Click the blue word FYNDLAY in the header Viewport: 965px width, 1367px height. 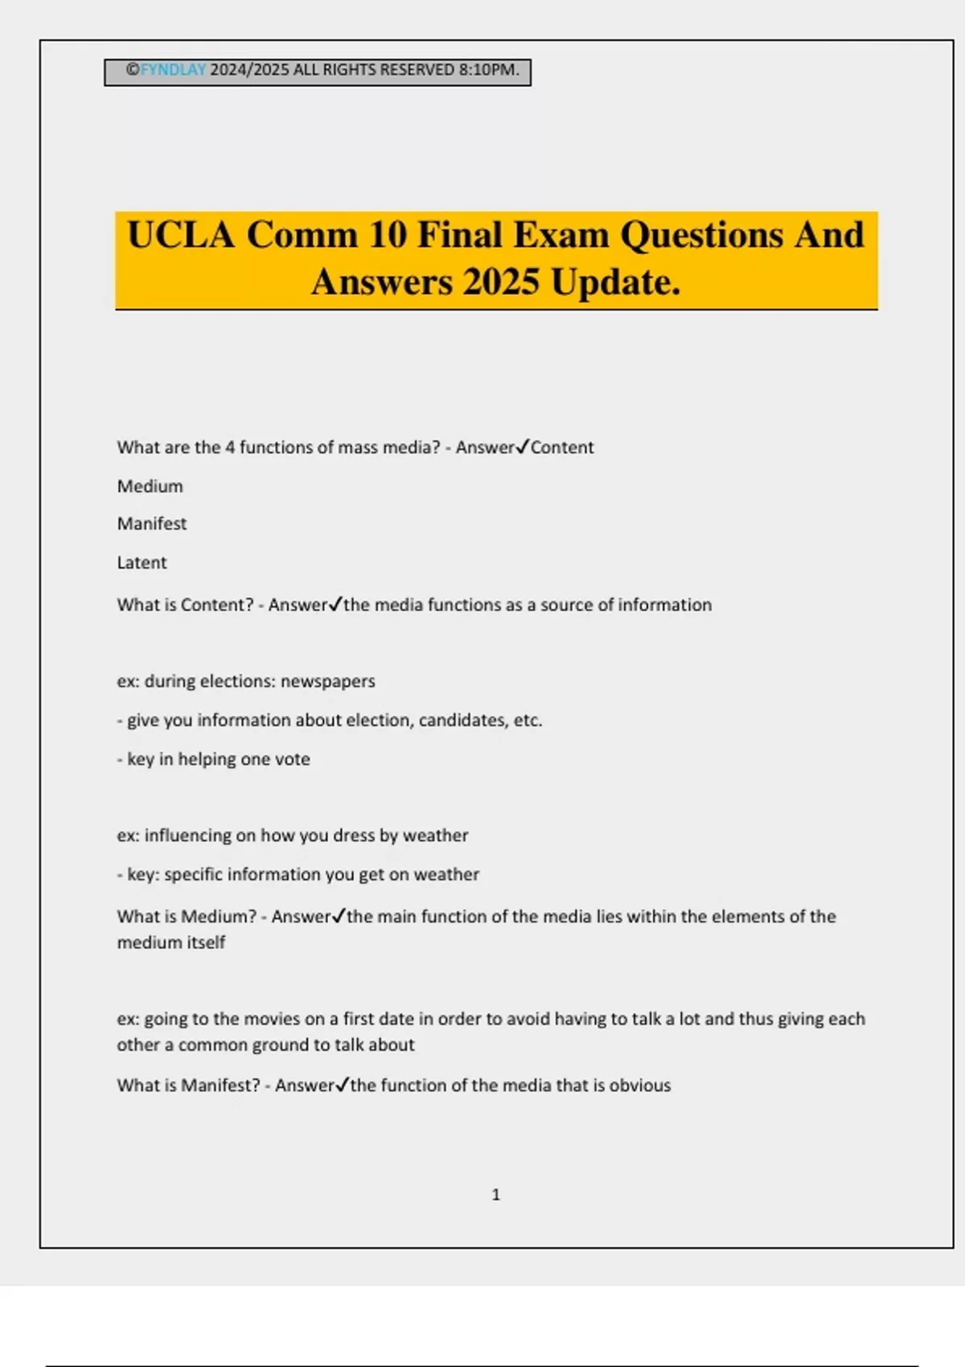pyautogui.click(x=173, y=70)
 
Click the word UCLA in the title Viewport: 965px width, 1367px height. pyautogui.click(x=181, y=236)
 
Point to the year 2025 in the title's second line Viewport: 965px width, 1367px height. pyautogui.click(x=500, y=282)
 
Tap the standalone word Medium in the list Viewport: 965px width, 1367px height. pyautogui.click(x=150, y=486)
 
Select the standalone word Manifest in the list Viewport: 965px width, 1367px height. pyautogui.click(x=151, y=523)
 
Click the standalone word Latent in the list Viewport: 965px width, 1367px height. pyautogui.click(x=142, y=563)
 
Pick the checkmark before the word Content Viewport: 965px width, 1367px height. pyautogui.click(x=522, y=446)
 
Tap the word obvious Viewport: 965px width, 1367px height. pyautogui.click(x=639, y=1086)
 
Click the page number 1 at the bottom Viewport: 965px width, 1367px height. pyautogui.click(x=495, y=1195)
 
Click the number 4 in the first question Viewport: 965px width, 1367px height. pyautogui.click(x=230, y=447)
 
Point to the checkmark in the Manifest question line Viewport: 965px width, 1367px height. pyautogui.click(x=342, y=1085)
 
